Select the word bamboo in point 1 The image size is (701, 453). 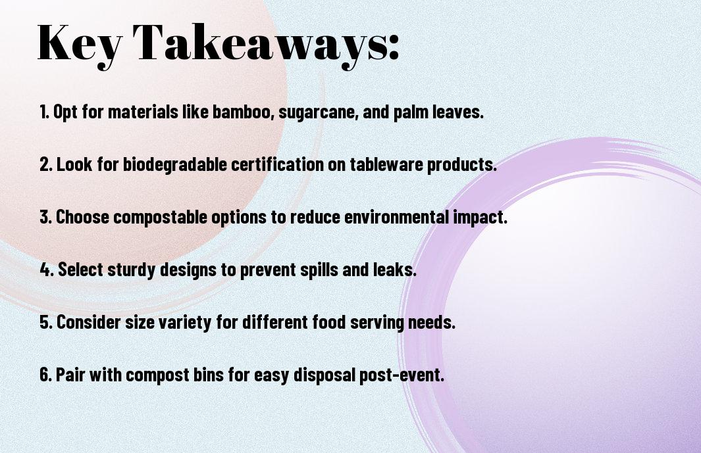[x=242, y=112]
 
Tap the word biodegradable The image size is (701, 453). [x=175, y=164]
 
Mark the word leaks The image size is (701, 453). [x=395, y=270]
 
